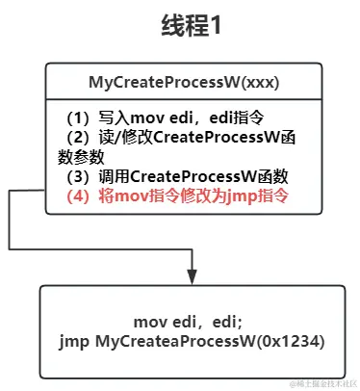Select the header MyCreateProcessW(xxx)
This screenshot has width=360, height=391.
[x=181, y=83]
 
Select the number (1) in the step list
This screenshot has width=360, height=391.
[x=78, y=117]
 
